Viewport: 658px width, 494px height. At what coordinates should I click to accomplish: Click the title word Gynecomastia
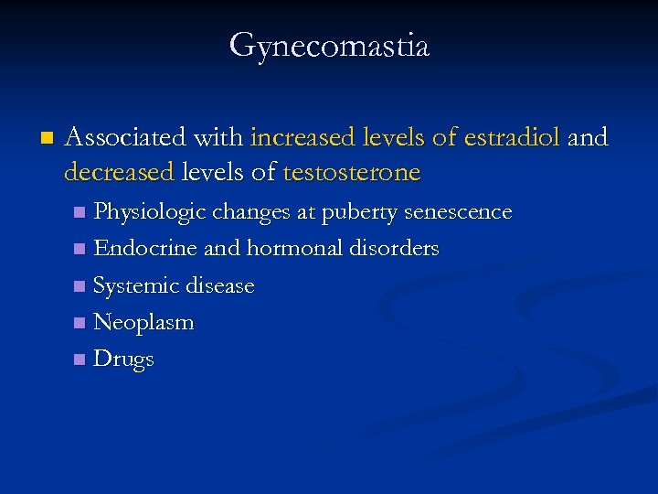click(329, 45)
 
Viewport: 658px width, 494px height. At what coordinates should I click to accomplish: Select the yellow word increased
click(301, 138)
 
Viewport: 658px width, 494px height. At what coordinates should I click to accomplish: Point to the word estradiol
click(513, 138)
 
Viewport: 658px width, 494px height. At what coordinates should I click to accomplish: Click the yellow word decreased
click(119, 171)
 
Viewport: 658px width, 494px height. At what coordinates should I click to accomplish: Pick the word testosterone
click(352, 171)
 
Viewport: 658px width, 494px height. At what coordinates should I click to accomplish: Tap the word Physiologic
click(150, 212)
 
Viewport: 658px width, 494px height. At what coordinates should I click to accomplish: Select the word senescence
click(459, 212)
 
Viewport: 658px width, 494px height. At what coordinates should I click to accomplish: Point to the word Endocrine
click(145, 248)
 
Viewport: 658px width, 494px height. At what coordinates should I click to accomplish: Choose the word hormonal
click(295, 248)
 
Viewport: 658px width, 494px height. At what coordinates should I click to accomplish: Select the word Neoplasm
click(143, 322)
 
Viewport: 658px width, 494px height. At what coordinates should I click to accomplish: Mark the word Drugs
click(123, 359)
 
